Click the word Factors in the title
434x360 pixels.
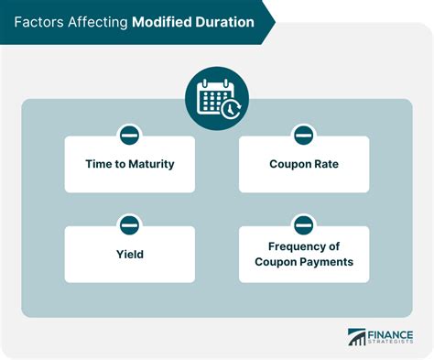pos(37,20)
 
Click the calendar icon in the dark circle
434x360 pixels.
pos(216,95)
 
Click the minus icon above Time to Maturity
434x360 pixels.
pos(130,136)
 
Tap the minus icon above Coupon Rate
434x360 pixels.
pos(304,136)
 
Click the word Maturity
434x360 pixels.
pos(154,165)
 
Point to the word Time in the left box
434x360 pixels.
pos(101,165)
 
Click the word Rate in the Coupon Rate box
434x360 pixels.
pos(323,165)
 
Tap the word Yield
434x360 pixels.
pos(130,254)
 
